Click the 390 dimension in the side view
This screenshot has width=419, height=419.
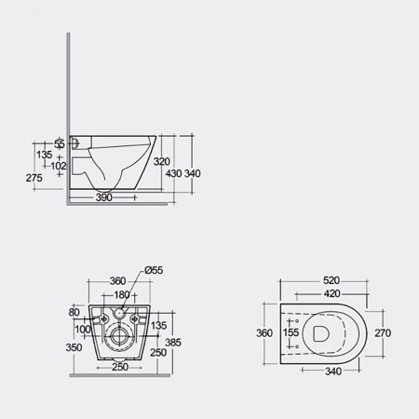pyautogui.click(x=103, y=197)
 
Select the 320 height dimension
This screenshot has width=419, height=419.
pyautogui.click(x=162, y=161)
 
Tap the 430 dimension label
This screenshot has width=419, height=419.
pyautogui.click(x=173, y=173)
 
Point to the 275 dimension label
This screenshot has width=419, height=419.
pyautogui.click(x=34, y=178)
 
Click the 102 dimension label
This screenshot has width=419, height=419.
pyautogui.click(x=59, y=166)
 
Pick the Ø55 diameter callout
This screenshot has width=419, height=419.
pyautogui.click(x=154, y=270)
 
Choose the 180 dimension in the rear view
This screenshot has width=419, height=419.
pyautogui.click(x=122, y=294)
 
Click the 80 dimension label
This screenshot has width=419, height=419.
pyautogui.click(x=74, y=312)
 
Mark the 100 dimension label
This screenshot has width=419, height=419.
pyautogui.click(x=83, y=329)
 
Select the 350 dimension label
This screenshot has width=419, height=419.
pyautogui.click(x=74, y=347)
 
